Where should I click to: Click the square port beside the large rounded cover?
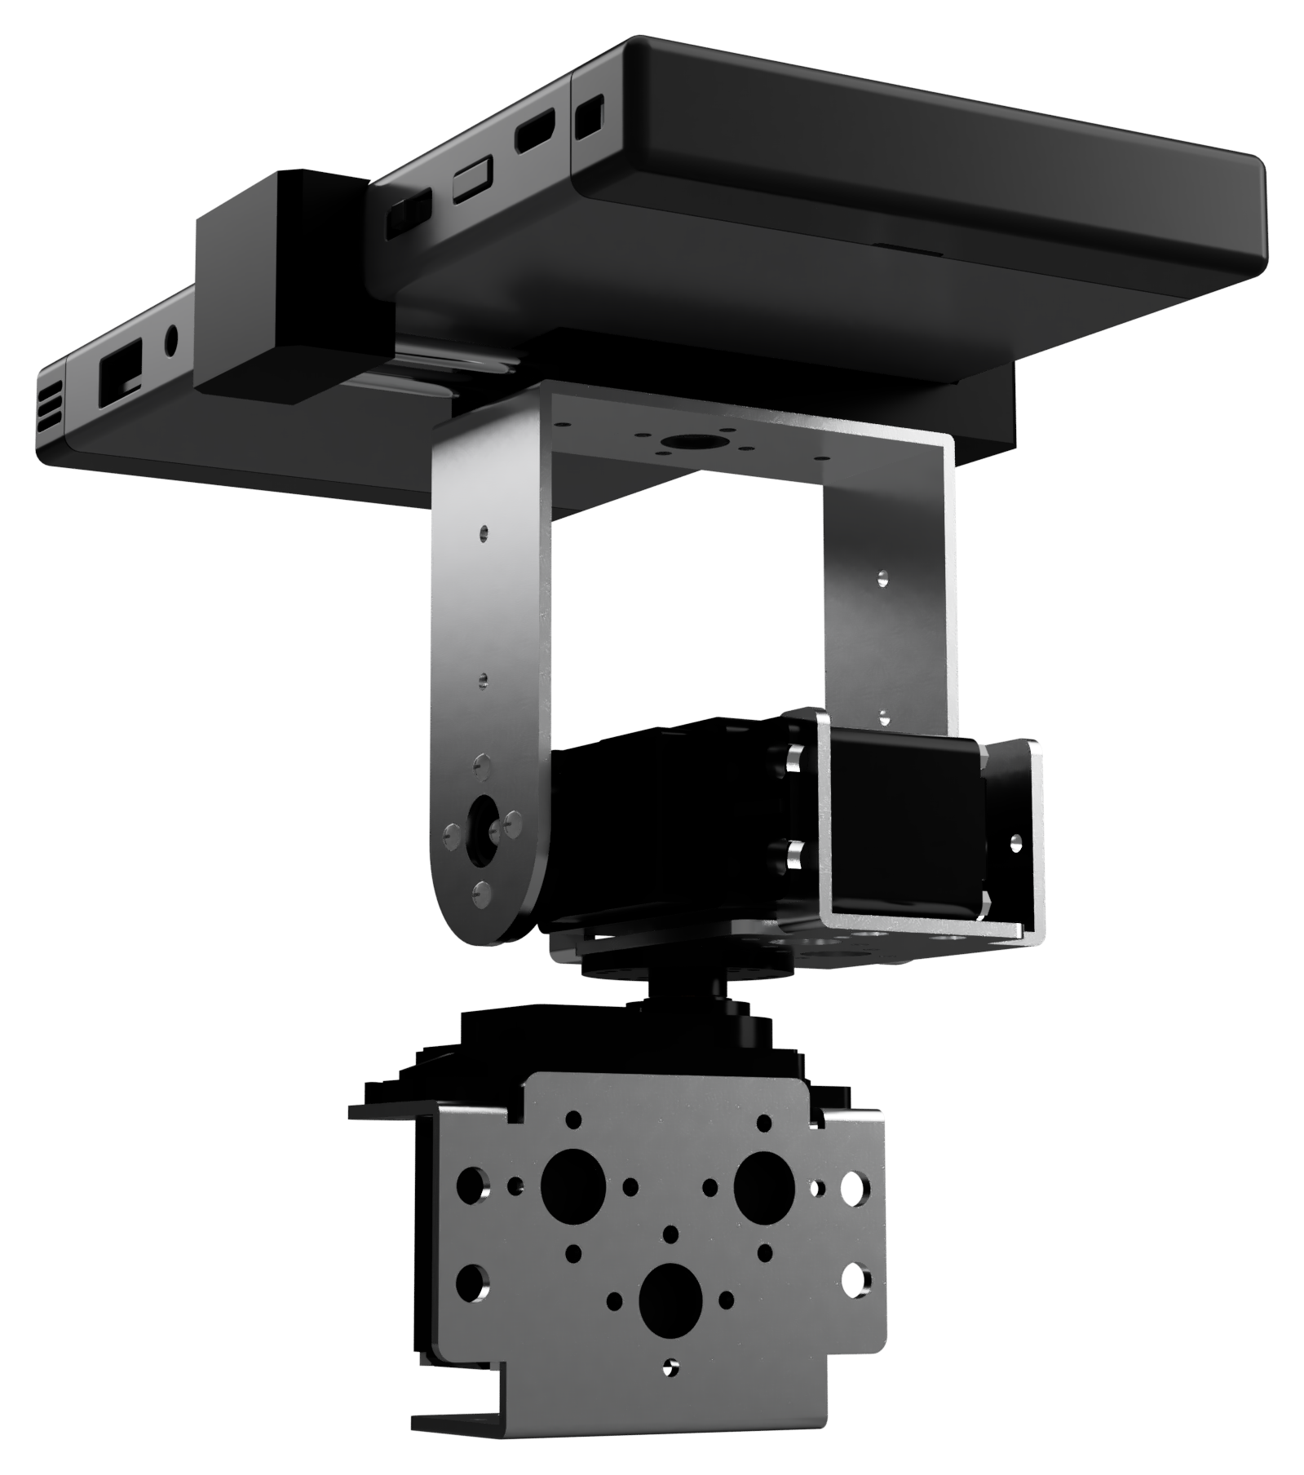[589, 117]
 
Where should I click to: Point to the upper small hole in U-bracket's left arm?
[484, 532]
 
